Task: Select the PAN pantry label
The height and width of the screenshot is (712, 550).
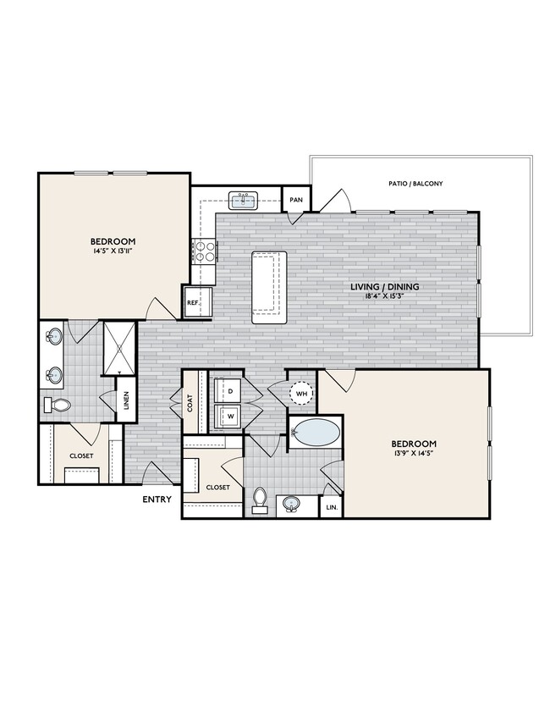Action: click(x=296, y=200)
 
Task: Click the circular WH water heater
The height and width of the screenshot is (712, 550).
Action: click(x=301, y=393)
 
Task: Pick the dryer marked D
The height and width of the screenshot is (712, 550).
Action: click(x=228, y=390)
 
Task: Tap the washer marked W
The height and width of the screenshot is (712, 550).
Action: click(x=228, y=416)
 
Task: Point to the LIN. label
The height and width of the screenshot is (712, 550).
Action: click(x=330, y=507)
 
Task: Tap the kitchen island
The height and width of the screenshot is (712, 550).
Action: click(x=268, y=286)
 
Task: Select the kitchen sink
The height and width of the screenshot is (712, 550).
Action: click(x=244, y=200)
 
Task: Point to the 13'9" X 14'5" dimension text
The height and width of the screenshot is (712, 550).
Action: click(x=413, y=455)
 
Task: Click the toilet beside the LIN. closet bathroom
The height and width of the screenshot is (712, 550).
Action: click(x=260, y=500)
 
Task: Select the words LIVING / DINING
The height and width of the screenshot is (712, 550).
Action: click(x=385, y=287)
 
